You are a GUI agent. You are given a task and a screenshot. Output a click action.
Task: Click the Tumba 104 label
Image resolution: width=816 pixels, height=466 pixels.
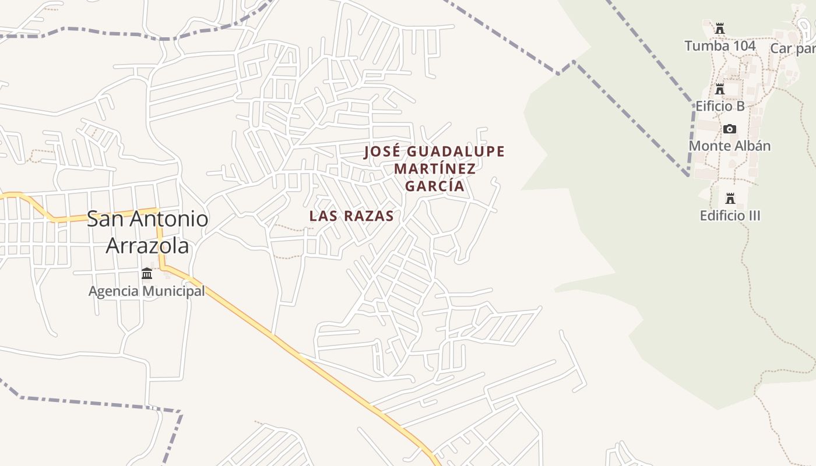pyautogui.click(x=720, y=46)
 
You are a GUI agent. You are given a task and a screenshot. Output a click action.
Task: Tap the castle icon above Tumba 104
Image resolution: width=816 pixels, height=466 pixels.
pyautogui.click(x=720, y=28)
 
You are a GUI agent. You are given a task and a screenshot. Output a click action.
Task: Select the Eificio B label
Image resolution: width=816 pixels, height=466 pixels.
pyautogui.click(x=720, y=106)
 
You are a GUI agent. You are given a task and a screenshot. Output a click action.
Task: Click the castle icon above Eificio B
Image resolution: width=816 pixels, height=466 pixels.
pyautogui.click(x=720, y=89)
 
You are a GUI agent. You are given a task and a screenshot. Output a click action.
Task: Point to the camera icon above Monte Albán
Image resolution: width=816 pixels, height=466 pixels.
pyautogui.click(x=730, y=129)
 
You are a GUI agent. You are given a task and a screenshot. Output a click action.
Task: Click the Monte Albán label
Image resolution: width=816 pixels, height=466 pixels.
pyautogui.click(x=730, y=146)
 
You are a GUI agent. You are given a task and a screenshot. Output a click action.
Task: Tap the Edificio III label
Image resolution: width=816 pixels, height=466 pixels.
pyautogui.click(x=730, y=216)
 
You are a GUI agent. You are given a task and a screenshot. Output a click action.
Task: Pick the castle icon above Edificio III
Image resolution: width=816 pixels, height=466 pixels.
pyautogui.click(x=730, y=198)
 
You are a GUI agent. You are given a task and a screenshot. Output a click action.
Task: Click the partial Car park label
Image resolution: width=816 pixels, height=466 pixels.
pyautogui.click(x=793, y=48)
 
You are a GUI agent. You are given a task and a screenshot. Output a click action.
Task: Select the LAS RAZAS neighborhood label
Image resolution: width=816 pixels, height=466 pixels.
pyautogui.click(x=351, y=216)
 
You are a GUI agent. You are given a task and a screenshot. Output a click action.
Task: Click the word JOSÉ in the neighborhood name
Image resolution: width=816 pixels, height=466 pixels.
pyautogui.click(x=382, y=152)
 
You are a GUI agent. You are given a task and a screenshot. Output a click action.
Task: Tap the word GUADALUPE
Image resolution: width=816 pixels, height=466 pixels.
pyautogui.click(x=455, y=152)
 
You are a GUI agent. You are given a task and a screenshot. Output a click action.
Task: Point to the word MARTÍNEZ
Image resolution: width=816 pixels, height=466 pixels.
pyautogui.click(x=435, y=169)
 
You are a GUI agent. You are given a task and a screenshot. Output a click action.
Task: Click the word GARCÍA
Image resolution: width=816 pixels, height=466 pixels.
pyautogui.click(x=435, y=186)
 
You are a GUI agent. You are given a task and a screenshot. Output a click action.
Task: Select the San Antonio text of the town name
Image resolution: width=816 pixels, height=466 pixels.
pyautogui.click(x=147, y=219)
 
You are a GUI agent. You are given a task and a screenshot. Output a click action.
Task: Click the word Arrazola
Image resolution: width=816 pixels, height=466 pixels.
pyautogui.click(x=147, y=246)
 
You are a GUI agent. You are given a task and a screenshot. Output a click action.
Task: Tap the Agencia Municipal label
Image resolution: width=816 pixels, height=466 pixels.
pyautogui.click(x=146, y=291)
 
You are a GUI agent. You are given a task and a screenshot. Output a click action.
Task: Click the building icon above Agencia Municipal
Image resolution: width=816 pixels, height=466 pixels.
pyautogui.click(x=147, y=273)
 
